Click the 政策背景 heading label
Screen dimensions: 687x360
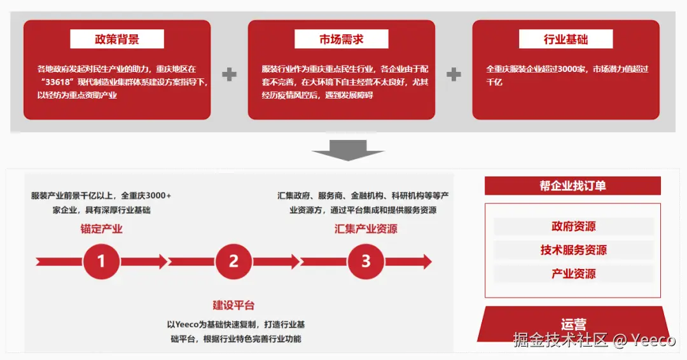(117, 39)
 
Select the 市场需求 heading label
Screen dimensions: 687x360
(342, 39)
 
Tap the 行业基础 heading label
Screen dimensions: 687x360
(566, 39)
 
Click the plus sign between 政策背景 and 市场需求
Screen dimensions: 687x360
(229, 74)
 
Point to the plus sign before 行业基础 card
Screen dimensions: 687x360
(454, 74)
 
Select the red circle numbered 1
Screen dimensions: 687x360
(101, 261)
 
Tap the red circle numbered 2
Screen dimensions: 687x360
(233, 261)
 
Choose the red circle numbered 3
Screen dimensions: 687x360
(366, 261)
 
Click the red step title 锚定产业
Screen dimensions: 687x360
(101, 229)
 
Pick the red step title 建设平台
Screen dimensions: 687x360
(233, 305)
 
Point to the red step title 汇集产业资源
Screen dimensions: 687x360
(366, 229)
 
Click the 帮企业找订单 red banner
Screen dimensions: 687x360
(572, 186)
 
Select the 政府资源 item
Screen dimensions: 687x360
(573, 226)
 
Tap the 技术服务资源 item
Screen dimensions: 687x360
(573, 250)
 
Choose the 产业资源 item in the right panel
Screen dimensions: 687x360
(573, 273)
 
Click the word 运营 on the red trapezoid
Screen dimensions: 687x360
(573, 325)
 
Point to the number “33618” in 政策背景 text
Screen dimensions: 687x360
(61, 82)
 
